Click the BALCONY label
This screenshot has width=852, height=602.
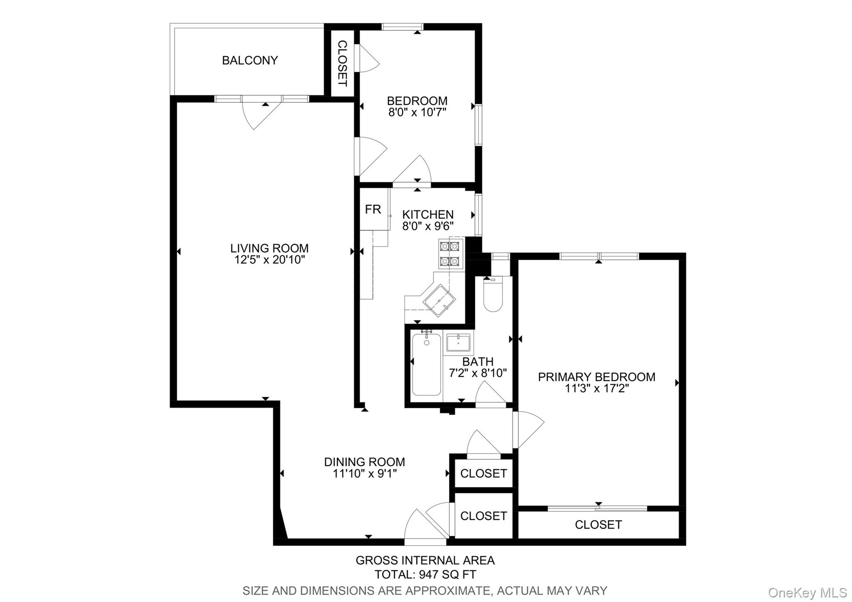point(250,60)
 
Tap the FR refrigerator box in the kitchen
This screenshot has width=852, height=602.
point(373,209)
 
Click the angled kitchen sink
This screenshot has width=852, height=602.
point(439,301)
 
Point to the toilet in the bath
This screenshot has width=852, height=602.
point(493,294)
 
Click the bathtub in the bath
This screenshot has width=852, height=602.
point(426,364)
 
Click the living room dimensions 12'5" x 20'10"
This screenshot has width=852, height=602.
point(270,260)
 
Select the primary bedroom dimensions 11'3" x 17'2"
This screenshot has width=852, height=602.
point(597,388)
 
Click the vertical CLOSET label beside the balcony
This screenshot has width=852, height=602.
point(342,63)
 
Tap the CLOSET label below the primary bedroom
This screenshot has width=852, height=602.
point(598,525)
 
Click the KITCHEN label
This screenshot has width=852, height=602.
point(428,214)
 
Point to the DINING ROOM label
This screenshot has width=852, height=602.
point(364,462)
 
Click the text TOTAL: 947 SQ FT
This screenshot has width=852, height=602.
point(425,575)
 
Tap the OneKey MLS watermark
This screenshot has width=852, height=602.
point(807,592)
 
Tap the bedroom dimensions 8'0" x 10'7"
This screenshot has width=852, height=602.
point(417,112)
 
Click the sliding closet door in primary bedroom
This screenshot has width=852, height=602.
point(597,508)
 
